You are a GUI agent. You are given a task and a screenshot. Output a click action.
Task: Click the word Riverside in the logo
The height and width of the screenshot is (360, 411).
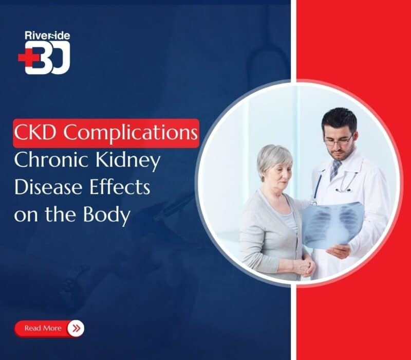pos(47,36)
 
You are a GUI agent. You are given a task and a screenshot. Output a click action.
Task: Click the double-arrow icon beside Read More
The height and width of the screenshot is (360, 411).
pos(76,328)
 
